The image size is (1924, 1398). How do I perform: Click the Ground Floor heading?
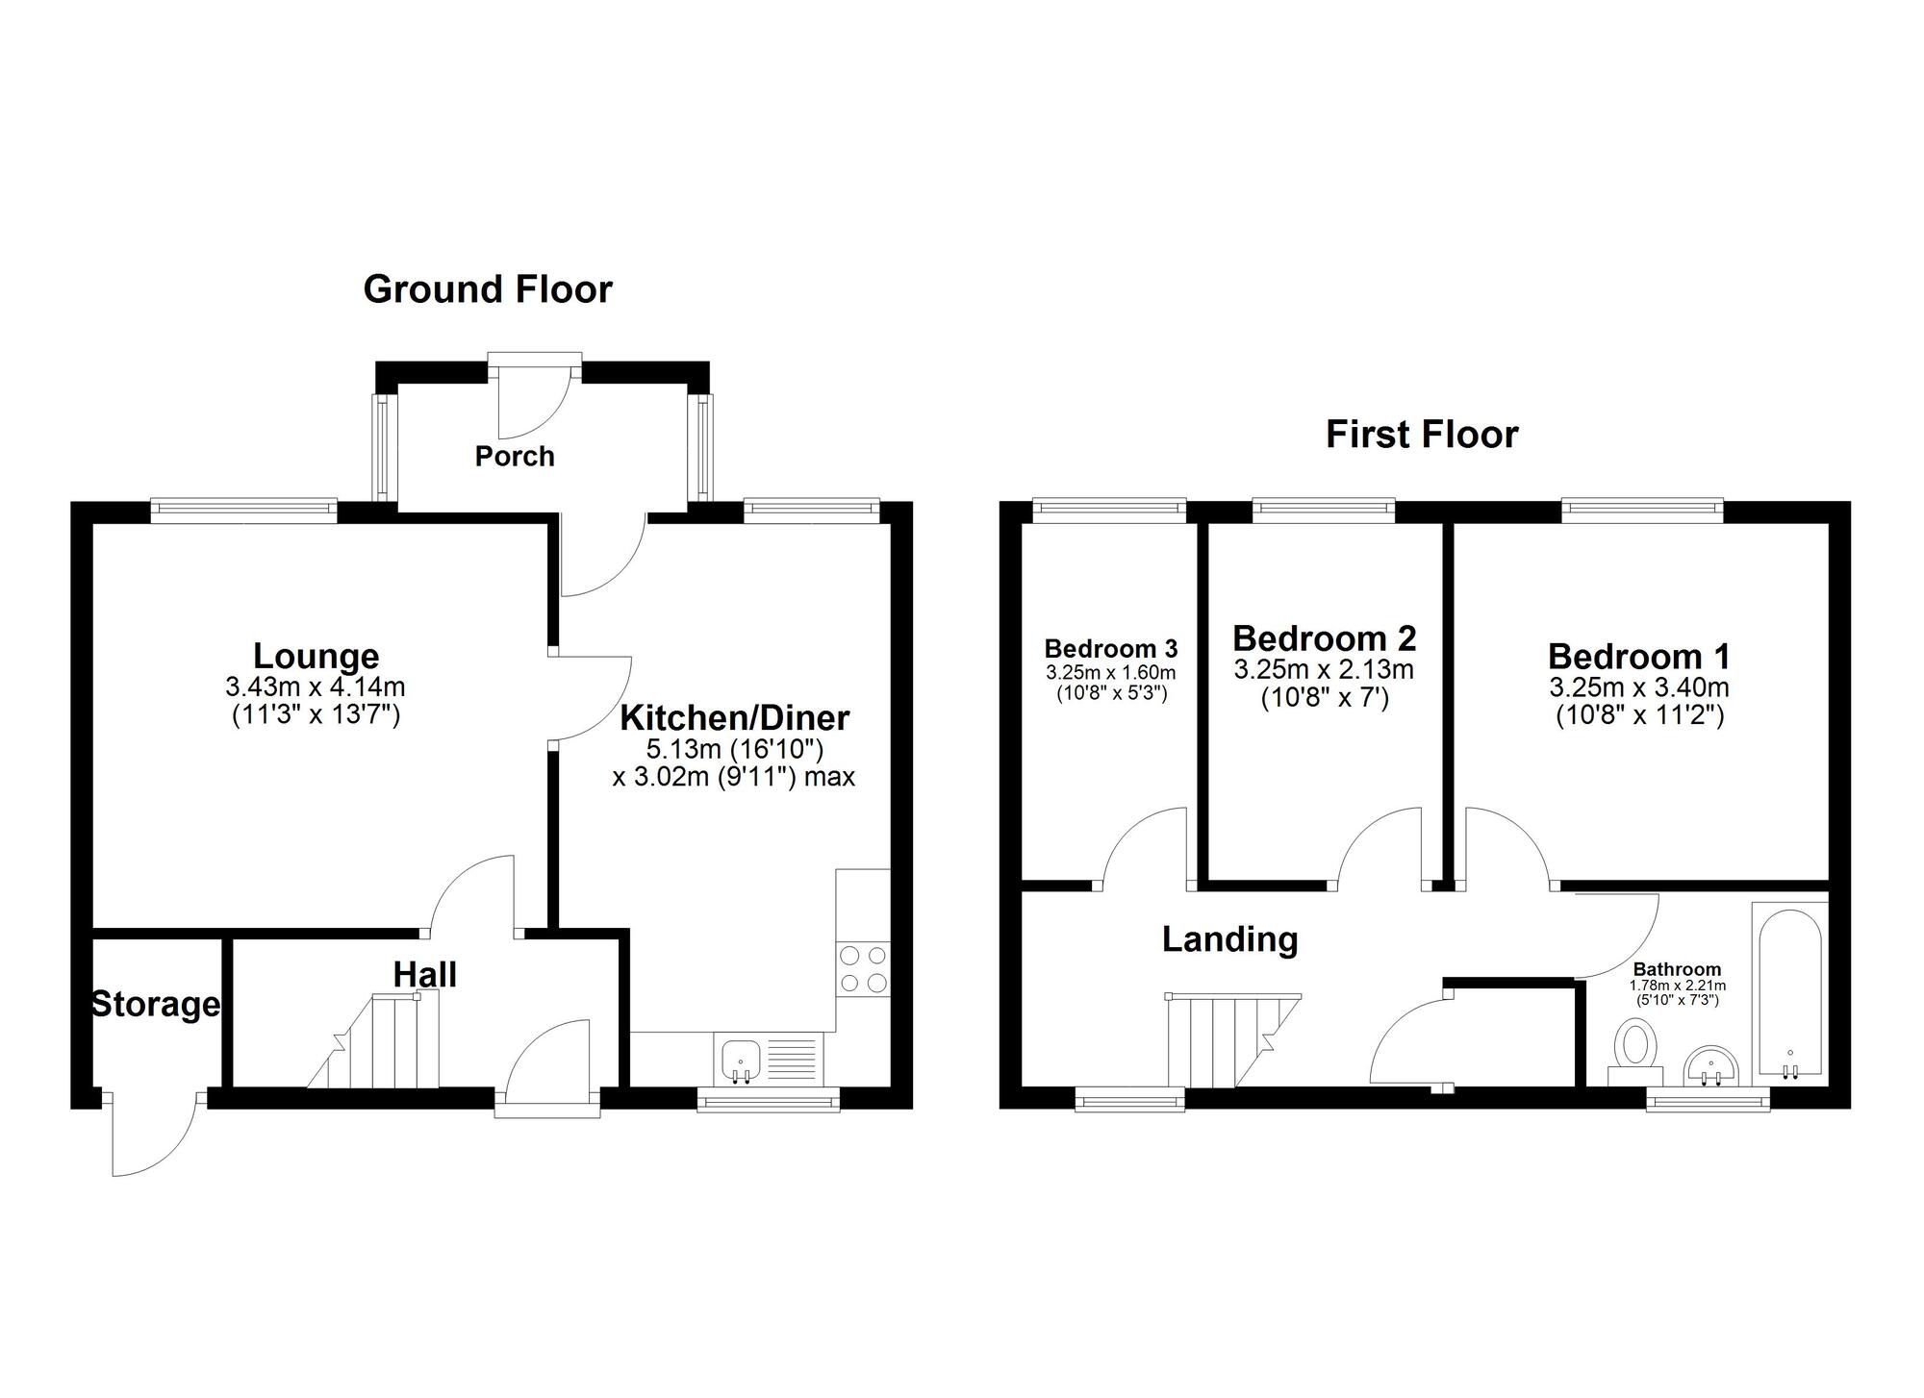click(x=488, y=289)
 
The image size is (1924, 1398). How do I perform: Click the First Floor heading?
click(x=1421, y=435)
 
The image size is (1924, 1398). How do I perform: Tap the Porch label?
click(x=515, y=456)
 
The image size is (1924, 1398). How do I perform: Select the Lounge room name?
click(x=316, y=656)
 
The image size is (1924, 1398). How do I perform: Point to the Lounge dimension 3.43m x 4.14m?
click(x=316, y=687)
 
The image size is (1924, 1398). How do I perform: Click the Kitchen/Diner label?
click(x=734, y=717)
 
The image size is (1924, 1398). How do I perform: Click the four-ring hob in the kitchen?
click(x=863, y=969)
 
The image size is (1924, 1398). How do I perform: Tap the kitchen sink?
click(x=740, y=1060)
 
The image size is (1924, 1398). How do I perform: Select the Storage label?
click(x=155, y=1005)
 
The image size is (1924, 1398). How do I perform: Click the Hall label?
click(x=424, y=975)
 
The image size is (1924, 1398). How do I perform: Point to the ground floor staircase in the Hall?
click(x=380, y=1043)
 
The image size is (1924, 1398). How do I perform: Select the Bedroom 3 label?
click(x=1110, y=648)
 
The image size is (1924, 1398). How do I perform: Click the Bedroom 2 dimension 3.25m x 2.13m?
click(x=1324, y=669)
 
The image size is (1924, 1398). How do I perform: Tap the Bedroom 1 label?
click(x=1638, y=657)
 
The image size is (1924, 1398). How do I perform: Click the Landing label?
click(x=1229, y=938)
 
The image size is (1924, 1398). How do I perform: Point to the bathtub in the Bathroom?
click(x=1789, y=990)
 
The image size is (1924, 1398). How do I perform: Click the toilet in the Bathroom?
click(x=1635, y=1051)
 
